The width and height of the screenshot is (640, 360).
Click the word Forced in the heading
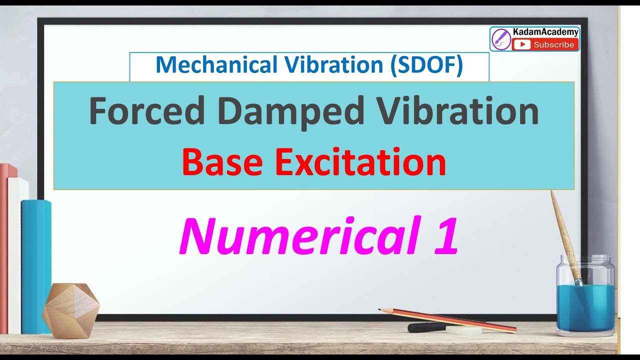click(x=147, y=111)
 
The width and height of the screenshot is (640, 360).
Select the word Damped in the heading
click(x=291, y=111)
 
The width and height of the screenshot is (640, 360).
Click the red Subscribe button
click(x=545, y=45)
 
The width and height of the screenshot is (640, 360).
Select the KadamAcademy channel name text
click(x=545, y=32)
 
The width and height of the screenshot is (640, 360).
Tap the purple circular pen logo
click(x=501, y=39)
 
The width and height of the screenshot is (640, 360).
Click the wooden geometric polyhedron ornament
click(x=70, y=310)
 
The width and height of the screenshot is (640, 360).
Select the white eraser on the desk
click(x=463, y=330)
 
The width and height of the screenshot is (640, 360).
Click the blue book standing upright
click(x=36, y=265)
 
